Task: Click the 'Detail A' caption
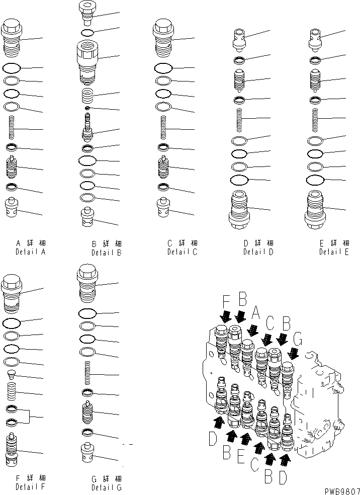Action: tap(30, 251)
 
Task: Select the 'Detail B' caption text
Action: tap(107, 253)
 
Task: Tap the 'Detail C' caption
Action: tap(182, 251)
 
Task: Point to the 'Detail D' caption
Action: tap(258, 252)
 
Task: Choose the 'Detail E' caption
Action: tap(333, 252)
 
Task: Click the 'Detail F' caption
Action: tap(30, 487)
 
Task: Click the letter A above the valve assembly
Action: tap(256, 315)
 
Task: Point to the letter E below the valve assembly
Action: tap(241, 457)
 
